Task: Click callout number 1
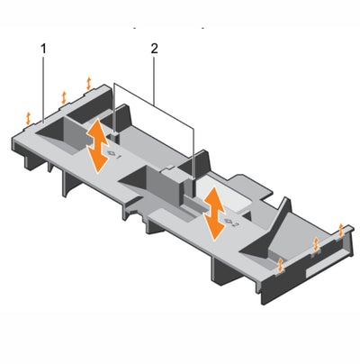44,49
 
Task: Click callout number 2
154,49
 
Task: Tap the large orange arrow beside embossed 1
97,146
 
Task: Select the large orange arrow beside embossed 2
213,214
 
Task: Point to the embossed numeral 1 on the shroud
118,157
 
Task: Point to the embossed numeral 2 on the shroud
235,224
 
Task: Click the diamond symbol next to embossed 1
111,153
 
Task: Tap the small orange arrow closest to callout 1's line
28,118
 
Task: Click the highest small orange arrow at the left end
88,83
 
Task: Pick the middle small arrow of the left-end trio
64,97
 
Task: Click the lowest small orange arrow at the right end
280,264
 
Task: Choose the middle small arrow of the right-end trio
316,244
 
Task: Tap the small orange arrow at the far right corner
340,230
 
